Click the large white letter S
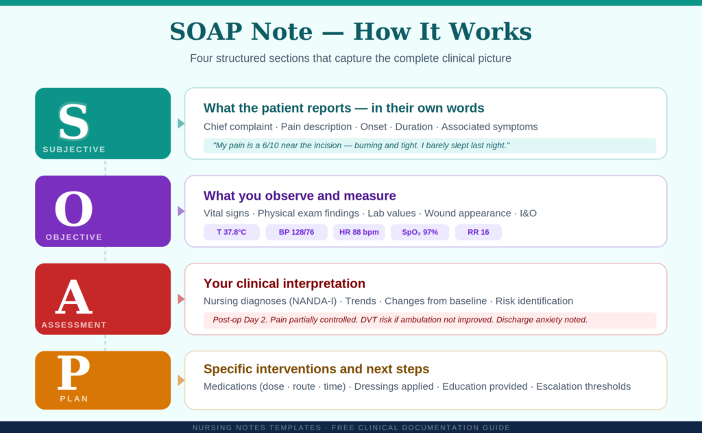73,122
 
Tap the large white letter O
73,209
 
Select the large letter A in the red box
73,297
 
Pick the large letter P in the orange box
73,374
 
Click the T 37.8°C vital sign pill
232,233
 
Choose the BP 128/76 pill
296,233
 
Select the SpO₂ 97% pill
420,233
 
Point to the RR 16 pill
478,233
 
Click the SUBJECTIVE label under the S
74,150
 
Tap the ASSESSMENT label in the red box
74,325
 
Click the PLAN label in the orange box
74,399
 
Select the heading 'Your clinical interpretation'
285,283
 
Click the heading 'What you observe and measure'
300,196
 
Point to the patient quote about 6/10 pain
361,145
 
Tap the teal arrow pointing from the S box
180,124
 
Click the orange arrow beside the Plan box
180,380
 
